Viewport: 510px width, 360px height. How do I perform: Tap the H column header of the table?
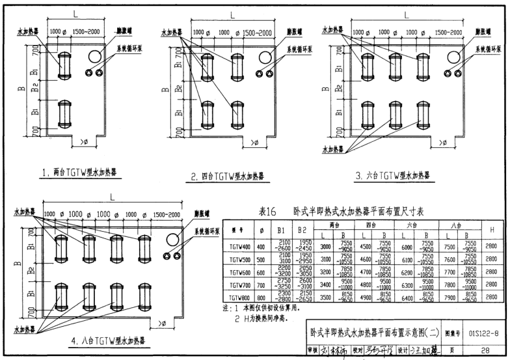point(494,229)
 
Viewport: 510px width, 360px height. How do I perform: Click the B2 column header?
point(301,229)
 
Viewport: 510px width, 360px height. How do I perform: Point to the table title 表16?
point(269,212)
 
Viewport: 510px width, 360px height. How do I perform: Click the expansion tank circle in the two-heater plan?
point(94,54)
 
